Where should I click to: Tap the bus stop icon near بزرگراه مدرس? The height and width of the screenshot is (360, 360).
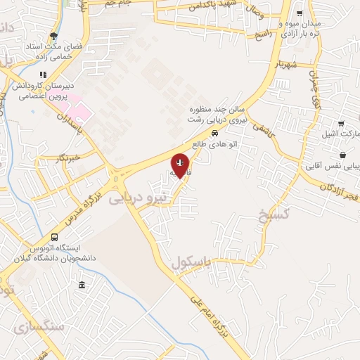55,237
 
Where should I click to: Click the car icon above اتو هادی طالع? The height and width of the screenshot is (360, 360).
214,132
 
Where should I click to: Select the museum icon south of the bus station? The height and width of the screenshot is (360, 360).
82,285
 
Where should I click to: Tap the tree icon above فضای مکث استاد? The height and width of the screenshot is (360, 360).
54,37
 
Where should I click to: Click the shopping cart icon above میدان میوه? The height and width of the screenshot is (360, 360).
300,13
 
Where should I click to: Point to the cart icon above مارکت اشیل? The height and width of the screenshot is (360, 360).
341,123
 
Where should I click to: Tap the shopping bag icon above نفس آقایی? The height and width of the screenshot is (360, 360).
342,155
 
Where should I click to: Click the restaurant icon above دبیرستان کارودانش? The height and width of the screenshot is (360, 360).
43,75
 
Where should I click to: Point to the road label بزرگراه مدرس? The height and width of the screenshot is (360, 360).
79,207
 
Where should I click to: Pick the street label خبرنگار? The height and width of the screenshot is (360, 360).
68,158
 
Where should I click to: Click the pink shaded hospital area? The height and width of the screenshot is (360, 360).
79,111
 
